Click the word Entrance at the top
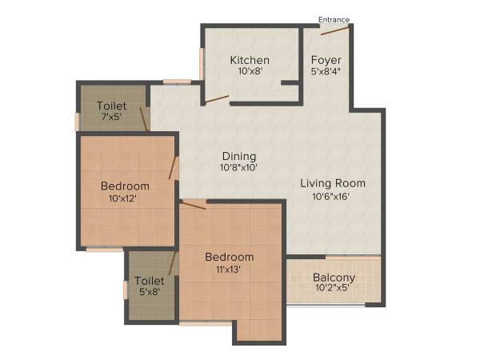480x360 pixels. [334, 20]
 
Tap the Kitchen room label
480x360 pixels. [250, 61]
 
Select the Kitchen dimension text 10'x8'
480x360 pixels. [250, 72]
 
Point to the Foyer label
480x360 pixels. [326, 61]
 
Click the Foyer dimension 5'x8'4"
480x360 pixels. [326, 72]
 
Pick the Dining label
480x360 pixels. [238, 156]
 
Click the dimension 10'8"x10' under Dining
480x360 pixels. [238, 168]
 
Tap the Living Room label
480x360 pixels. [326, 184]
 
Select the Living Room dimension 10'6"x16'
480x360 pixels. [326, 196]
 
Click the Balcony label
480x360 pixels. [334, 278]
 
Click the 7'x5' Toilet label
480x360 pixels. [112, 106]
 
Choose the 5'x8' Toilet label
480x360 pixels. [150, 281]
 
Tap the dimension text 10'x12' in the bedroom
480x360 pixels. [125, 198]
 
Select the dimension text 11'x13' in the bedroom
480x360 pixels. [229, 269]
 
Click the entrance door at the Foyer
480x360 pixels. [335, 31]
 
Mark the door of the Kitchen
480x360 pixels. [217, 100]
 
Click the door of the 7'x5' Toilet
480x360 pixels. [144, 118]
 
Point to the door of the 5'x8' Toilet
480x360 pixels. [172, 263]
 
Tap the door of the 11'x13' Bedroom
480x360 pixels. [194, 205]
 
